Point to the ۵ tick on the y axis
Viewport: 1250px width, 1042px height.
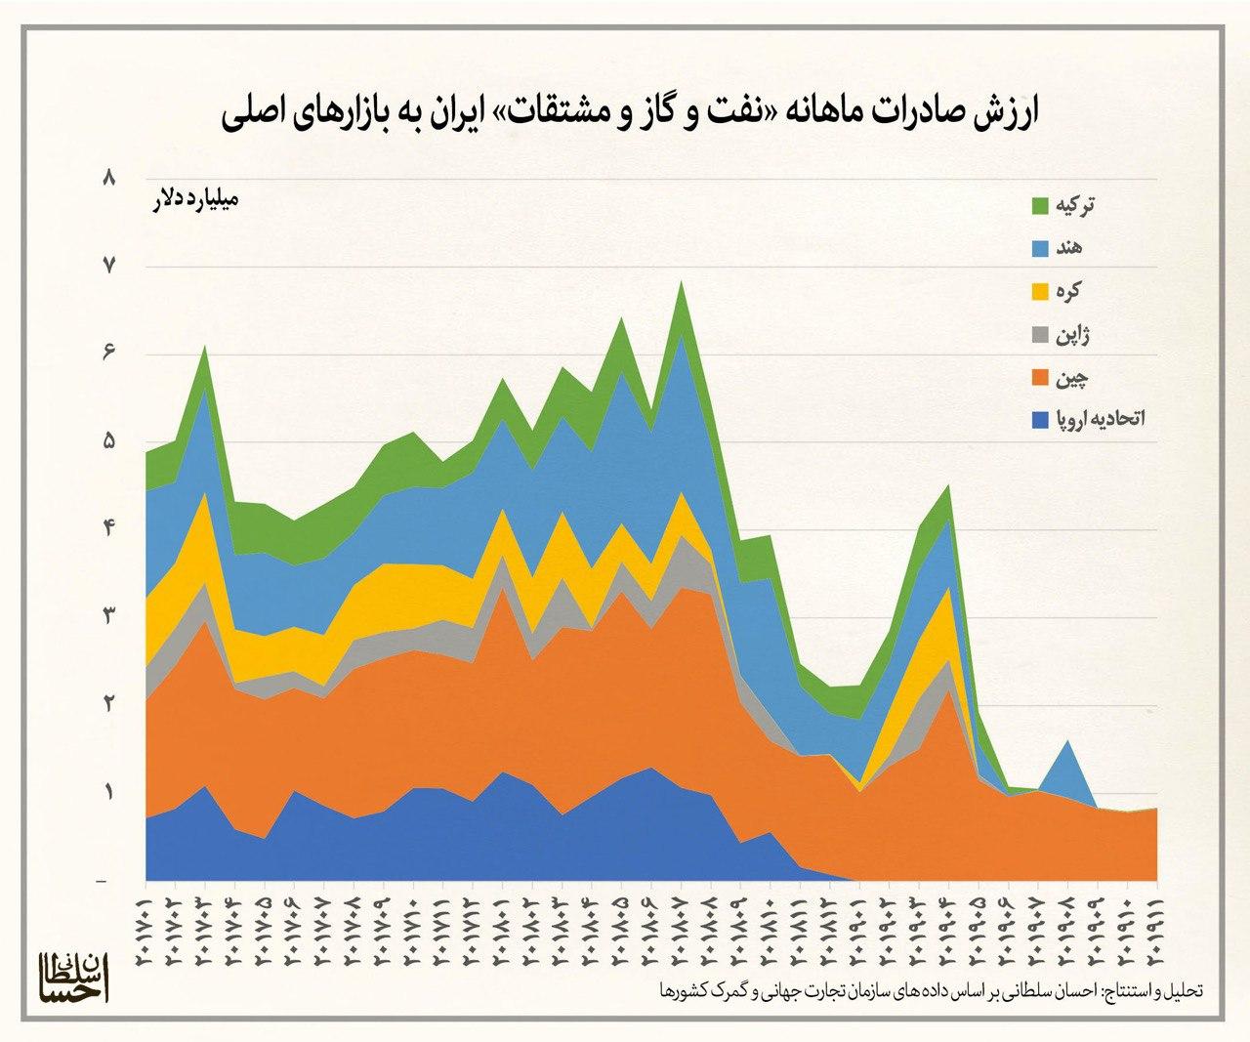pos(109,441)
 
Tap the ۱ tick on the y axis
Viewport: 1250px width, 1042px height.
pos(109,792)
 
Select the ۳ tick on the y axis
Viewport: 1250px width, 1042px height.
pos(109,616)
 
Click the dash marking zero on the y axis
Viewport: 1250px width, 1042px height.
pos(103,882)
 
